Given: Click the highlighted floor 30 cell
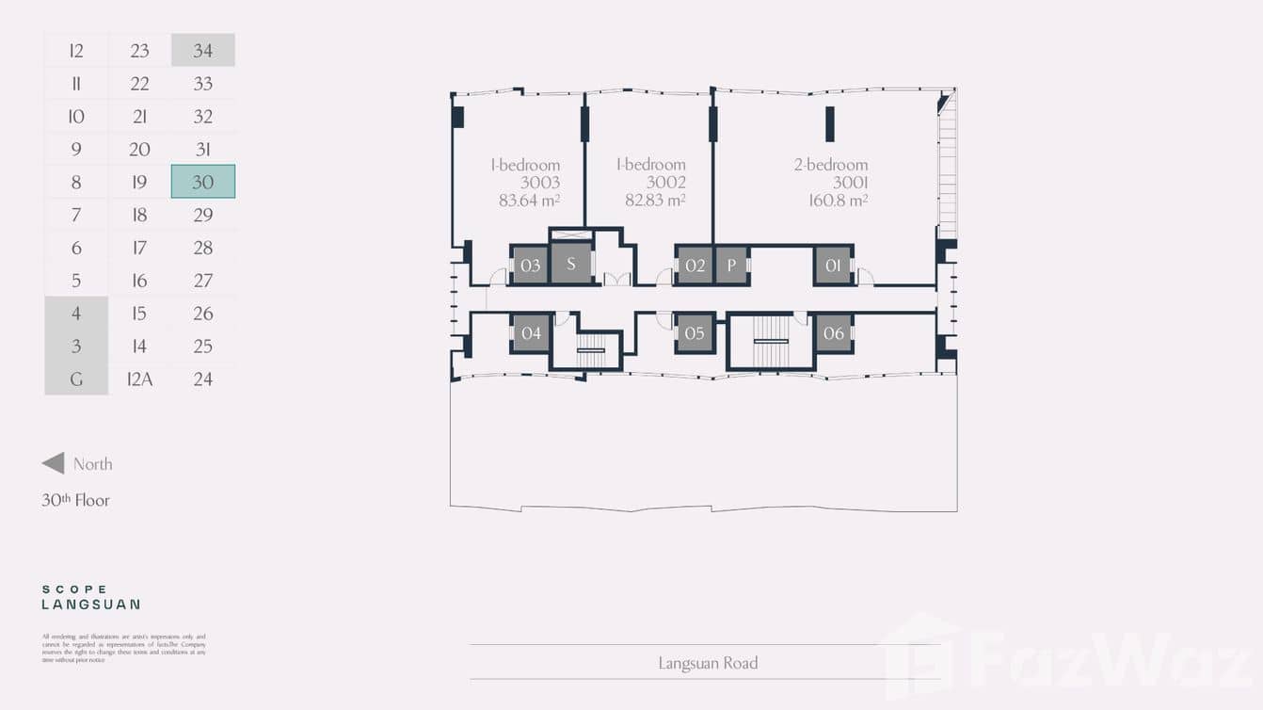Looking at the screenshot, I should coord(203,182).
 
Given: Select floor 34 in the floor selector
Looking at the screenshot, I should coord(203,51).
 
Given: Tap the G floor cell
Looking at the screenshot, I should coord(76,379).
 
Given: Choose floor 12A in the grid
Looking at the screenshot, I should coord(139,379).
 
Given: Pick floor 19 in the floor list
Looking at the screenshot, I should coord(139,182).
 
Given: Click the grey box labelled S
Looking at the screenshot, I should coord(570,264).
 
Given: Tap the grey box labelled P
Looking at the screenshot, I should coord(731,266).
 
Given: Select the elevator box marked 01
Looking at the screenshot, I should coord(833,266).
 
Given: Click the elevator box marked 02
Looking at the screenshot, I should coord(695,266).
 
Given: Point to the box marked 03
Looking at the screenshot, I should coord(530,266).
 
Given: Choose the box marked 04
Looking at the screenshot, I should coord(531,333).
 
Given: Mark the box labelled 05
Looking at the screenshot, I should coord(695,333).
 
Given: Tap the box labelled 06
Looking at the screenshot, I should coord(834,333).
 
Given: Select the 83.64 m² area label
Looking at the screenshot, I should coord(530,200).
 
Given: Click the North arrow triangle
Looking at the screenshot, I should coord(54,463).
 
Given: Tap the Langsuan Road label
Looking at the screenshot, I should coord(708,663).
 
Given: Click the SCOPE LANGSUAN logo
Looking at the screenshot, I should coord(90,597).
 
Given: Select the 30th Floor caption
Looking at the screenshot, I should coord(75,500).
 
